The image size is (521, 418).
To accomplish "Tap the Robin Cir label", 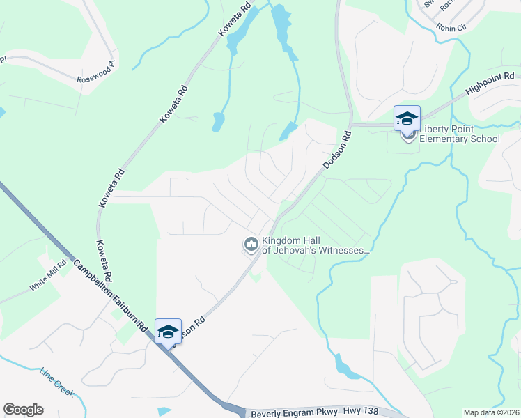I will click(x=450, y=27).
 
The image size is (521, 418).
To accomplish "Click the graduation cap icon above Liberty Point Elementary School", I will click(x=406, y=118).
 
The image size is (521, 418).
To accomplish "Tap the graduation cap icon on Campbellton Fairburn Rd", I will click(x=168, y=332).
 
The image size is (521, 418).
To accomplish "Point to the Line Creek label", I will click(x=56, y=382).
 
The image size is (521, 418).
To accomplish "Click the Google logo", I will click(x=23, y=410).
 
